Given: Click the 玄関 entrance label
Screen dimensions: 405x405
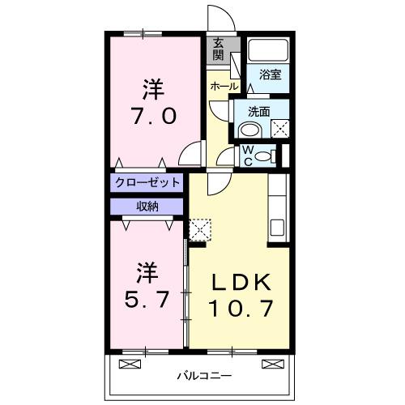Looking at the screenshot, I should [x=218, y=51].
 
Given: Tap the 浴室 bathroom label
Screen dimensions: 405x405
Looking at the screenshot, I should [x=270, y=75].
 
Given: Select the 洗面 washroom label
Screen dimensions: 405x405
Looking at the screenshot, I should [x=258, y=112].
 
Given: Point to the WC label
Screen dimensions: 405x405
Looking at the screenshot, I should [x=248, y=153].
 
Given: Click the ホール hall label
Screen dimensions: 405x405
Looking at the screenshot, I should [x=224, y=86].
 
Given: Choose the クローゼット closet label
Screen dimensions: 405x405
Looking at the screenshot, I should [x=147, y=182].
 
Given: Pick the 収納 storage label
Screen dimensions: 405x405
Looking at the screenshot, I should [x=147, y=206].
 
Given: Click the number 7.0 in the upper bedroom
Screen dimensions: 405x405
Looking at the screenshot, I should [x=152, y=114].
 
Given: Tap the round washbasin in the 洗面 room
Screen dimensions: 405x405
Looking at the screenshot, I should [x=249, y=130].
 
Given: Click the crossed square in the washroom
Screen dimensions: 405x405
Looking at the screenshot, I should [x=279, y=127].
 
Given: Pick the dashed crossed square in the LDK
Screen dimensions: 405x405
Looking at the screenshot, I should [x=198, y=228].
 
